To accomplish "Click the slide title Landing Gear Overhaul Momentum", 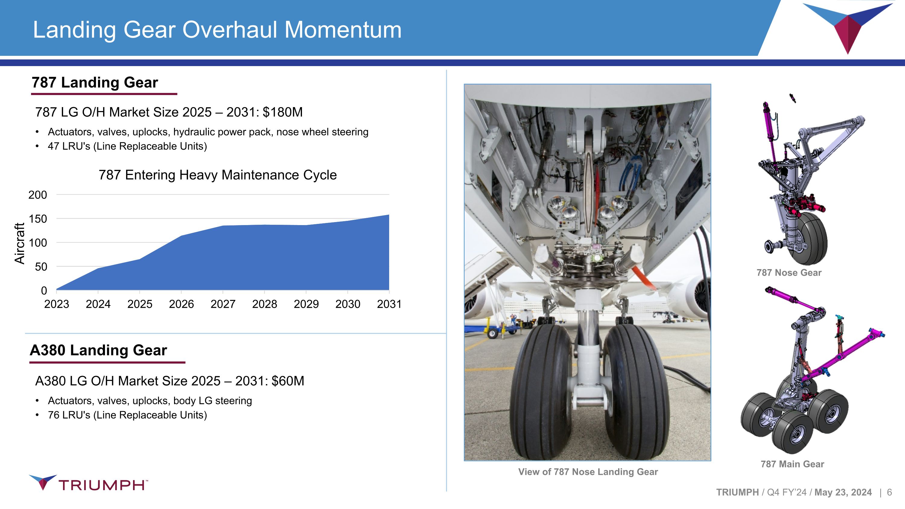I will [217, 30].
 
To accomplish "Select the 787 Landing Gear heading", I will [95, 83].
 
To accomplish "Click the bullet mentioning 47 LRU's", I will [127, 146].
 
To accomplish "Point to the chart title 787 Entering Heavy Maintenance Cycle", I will [218, 175].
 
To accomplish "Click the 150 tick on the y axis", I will [38, 219].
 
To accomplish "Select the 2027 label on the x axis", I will [223, 304].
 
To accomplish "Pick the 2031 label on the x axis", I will [389, 304].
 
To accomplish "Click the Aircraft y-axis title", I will [20, 243].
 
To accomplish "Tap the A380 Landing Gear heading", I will [98, 350].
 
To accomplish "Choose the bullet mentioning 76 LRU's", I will [127, 415].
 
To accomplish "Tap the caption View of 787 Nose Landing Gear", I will [588, 472].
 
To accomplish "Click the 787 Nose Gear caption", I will [789, 272].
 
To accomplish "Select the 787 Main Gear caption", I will [792, 464].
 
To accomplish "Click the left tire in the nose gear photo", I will [541, 390].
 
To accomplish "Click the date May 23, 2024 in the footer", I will [843, 492].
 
